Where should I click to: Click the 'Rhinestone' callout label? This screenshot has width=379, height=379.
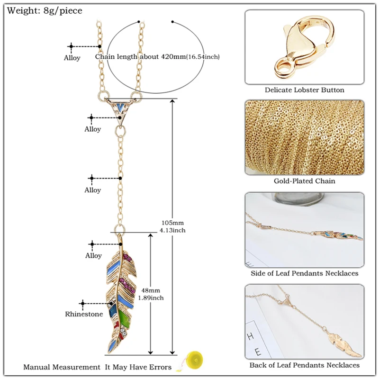click(84, 314)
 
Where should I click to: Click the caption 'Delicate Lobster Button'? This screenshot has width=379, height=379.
click(304, 90)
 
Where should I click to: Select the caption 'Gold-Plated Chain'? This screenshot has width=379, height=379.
click(304, 181)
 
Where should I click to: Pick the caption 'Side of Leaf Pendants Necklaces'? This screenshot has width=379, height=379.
click(304, 273)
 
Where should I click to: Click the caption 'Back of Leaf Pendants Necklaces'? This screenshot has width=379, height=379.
click(304, 365)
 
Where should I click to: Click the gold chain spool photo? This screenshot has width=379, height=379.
click(304, 137)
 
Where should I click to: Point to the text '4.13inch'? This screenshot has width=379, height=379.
click(172, 230)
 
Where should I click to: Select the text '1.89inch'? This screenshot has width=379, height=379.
click(151, 298)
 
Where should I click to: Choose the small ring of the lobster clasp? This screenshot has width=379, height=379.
click(282, 69)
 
